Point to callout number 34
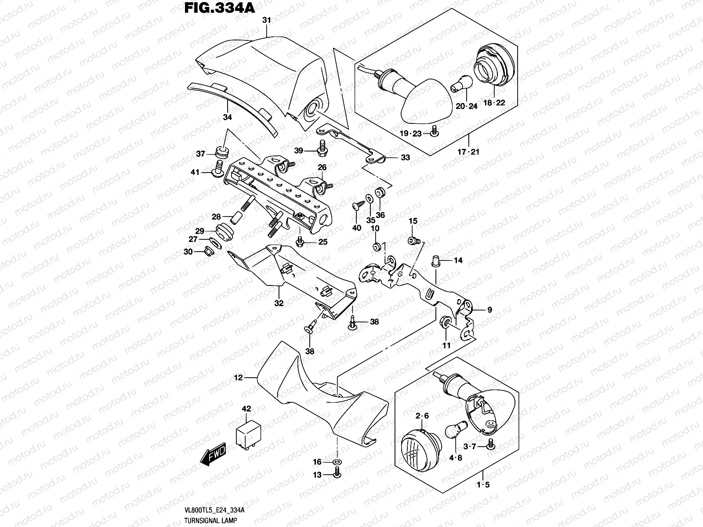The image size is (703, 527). (x=227, y=117)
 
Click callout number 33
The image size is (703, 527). (x=405, y=157)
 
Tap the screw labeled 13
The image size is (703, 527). (x=337, y=474)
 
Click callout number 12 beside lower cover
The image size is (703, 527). (x=238, y=377)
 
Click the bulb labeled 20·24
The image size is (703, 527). (x=466, y=83)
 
